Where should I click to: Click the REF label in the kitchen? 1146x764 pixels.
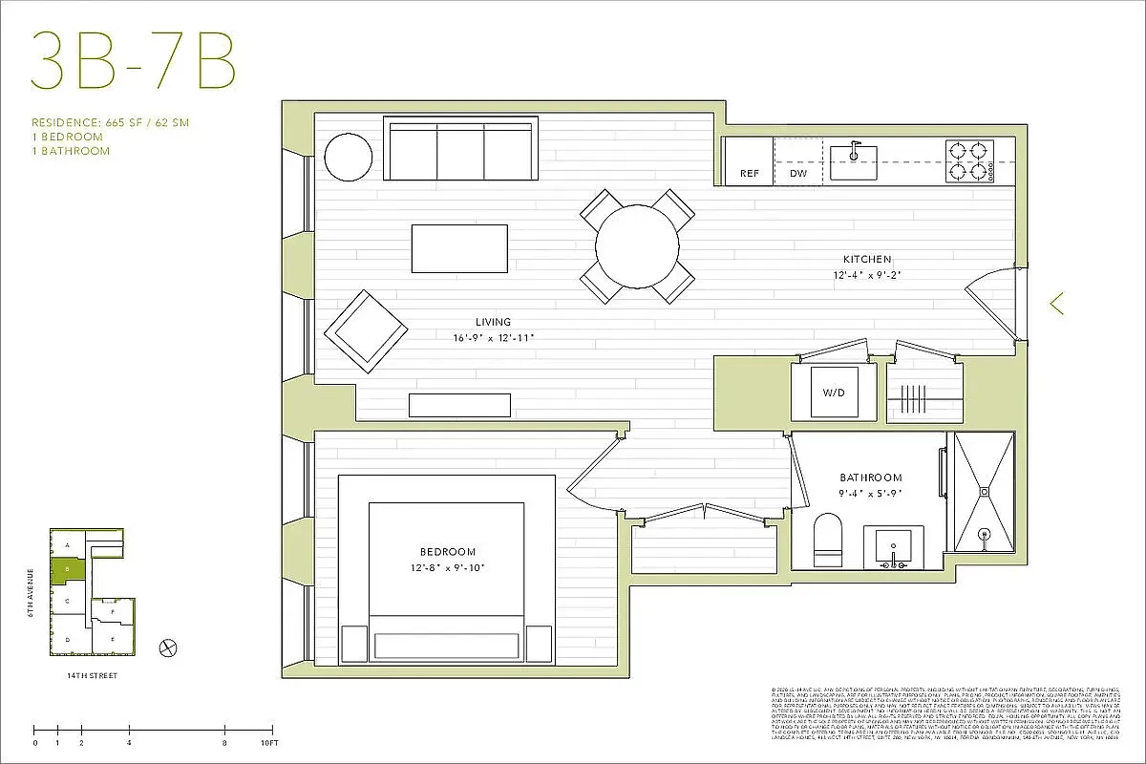point(750,175)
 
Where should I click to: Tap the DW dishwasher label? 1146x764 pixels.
point(798,175)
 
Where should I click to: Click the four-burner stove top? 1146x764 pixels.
point(968,160)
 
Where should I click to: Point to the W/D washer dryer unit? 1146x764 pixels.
point(834,393)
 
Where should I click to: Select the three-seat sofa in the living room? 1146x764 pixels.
point(461,148)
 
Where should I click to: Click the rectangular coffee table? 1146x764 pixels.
point(459,248)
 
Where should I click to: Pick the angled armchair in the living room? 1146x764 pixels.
point(365,331)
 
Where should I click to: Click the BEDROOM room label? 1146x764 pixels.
point(447,552)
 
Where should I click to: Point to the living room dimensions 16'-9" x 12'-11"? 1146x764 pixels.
point(493,337)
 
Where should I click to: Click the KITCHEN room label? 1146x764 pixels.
point(866,259)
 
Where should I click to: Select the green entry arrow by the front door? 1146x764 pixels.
point(1056,304)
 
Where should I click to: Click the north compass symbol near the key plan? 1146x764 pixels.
point(169,647)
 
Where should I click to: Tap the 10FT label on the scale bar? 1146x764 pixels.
point(269,742)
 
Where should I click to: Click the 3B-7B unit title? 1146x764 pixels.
point(133,62)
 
